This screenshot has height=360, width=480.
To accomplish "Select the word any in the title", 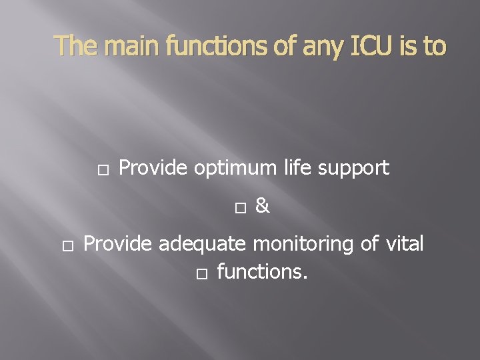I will [x=327, y=46].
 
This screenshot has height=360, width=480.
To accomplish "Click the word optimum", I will [x=235, y=169].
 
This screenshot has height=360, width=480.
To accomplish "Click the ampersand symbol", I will [x=262, y=207].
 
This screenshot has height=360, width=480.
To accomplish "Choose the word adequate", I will [x=202, y=245].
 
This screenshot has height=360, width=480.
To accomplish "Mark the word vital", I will [x=404, y=244].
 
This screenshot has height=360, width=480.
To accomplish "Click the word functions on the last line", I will [x=262, y=272].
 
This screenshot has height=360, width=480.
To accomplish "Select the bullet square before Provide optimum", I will [x=102, y=169].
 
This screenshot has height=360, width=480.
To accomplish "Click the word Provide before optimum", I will [x=154, y=168].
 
